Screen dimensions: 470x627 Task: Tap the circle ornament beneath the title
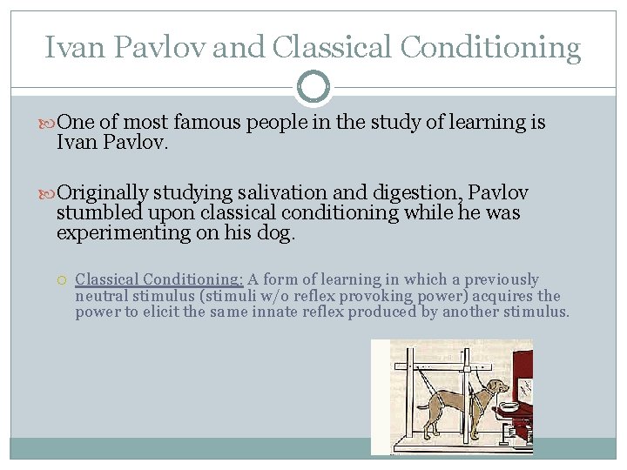tap(313, 87)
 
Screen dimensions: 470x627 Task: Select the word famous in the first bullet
tap(207, 123)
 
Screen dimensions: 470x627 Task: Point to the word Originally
tap(102, 193)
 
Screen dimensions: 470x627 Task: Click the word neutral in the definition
tap(102, 296)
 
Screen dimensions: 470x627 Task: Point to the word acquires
tap(503, 296)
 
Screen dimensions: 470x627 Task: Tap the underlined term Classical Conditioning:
tap(158, 279)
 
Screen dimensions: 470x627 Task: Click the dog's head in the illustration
tap(497, 388)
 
